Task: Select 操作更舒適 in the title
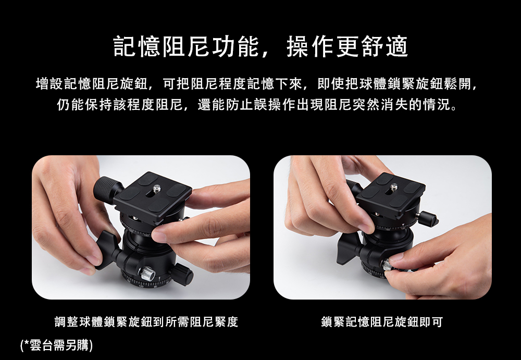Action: (x=347, y=46)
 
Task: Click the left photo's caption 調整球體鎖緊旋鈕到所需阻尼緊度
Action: (x=146, y=322)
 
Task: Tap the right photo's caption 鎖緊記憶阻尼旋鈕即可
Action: (x=382, y=322)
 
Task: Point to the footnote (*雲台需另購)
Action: (x=56, y=345)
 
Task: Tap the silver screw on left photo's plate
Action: (x=157, y=189)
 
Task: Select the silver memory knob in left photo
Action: (x=147, y=273)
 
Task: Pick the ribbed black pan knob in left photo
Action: (x=182, y=274)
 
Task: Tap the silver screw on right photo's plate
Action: (x=394, y=187)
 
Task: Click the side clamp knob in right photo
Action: (x=428, y=218)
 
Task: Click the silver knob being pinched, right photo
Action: (x=388, y=265)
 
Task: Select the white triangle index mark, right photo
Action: (x=403, y=226)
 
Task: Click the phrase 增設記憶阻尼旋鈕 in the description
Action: (x=91, y=84)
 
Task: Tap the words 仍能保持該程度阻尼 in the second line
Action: (x=120, y=105)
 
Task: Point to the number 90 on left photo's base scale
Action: (x=155, y=287)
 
